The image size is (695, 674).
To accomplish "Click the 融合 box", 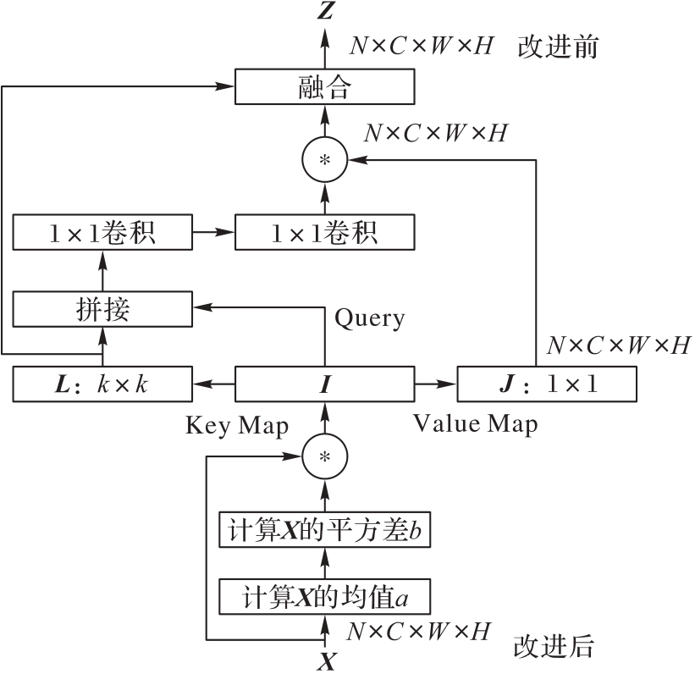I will tap(324, 87).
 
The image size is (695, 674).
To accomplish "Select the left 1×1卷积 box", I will tap(103, 231).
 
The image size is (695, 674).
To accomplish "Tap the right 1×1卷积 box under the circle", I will tap(324, 231).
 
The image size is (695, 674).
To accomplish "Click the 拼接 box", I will tap(103, 311).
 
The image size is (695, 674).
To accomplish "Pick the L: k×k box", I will tap(103, 384).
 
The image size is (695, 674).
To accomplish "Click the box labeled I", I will tap(324, 384).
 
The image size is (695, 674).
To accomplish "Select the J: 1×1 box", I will tap(546, 384).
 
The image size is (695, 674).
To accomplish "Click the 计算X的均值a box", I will tap(324, 597).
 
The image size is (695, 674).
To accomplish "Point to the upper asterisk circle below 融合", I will tap(324, 159).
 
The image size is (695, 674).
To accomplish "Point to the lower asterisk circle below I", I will tap(324, 456).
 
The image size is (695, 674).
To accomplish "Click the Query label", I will tap(370, 318).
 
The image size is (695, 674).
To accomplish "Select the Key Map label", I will tap(237, 425).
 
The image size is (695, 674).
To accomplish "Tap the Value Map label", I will tap(475, 423).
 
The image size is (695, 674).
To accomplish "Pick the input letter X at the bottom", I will tap(325, 661).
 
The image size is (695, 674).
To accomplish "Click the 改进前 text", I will tap(558, 47).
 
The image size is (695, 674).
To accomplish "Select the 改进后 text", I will tap(554, 648).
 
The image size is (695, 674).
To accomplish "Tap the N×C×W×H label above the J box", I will tap(619, 345).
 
